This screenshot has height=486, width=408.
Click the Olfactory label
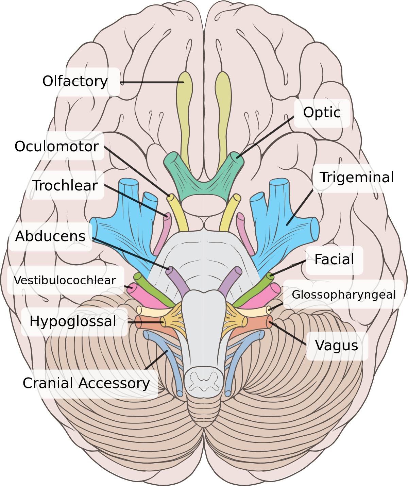pos(75,82)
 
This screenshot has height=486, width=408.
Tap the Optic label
pos(322,113)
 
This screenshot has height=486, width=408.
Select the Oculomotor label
pos(56,146)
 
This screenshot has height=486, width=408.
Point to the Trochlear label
pos(65,186)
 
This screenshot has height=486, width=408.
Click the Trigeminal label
pos(356,178)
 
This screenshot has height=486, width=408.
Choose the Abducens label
pos(50,236)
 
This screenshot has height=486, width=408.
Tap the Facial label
pos(334,259)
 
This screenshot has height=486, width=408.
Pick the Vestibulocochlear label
pos(65,281)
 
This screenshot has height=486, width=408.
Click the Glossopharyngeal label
pos(344,295)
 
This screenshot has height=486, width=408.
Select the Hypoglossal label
pos(73,321)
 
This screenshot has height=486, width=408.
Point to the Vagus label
pos(337,346)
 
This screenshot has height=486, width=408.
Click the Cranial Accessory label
pos(86,383)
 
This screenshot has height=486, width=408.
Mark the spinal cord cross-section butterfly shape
pos(204,381)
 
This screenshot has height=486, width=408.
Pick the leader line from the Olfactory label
pos(151,82)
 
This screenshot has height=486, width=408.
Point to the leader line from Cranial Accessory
pos(156,360)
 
